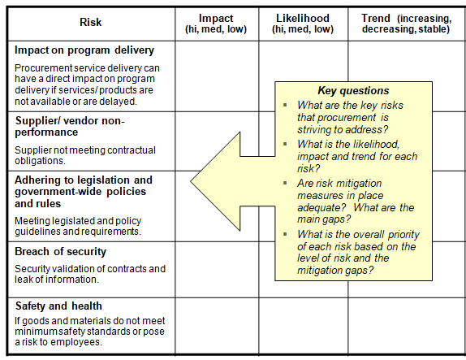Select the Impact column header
217,24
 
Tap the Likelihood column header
304,24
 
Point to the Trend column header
407,24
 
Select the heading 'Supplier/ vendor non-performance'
70,126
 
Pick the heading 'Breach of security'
60,252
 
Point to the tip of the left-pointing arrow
192,175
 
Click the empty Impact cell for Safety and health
217,325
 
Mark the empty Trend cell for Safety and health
407,325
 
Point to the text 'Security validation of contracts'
89,268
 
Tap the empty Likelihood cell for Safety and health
304,325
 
